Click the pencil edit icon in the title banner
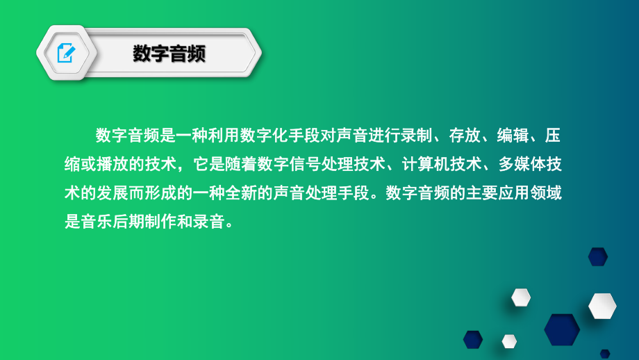point(66,53)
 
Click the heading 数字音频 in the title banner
point(169,54)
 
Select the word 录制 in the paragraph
point(416,134)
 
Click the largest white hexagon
point(602,306)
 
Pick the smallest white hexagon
point(509,341)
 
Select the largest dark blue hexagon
point(561,329)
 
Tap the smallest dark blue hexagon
point(605,353)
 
